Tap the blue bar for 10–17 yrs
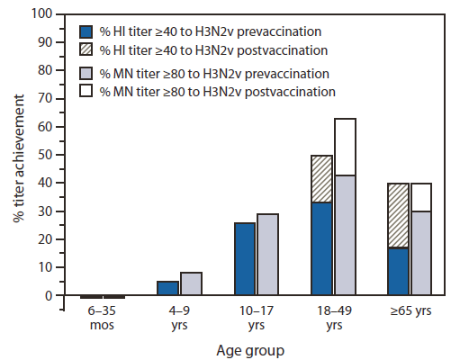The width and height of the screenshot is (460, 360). (246, 259)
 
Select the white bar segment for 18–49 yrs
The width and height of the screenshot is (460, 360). (346, 147)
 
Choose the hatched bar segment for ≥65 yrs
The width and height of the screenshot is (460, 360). (399, 215)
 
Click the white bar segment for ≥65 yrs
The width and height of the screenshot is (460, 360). (422, 197)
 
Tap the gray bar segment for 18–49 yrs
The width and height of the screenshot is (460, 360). (346, 235)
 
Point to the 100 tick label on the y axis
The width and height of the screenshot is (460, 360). (39, 15)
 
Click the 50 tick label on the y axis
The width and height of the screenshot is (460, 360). (41, 156)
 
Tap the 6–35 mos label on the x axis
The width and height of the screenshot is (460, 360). (102, 318)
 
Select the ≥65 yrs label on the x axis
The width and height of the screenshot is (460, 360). (410, 311)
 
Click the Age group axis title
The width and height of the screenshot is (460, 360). (255, 348)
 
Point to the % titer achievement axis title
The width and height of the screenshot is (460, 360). (15, 155)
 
